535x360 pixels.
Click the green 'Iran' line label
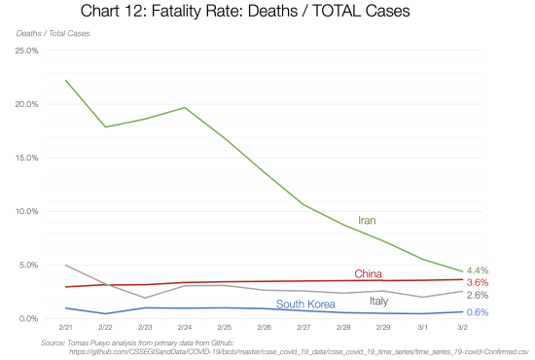(x=368, y=221)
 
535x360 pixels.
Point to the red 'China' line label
(x=368, y=273)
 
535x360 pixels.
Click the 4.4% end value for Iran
(x=478, y=270)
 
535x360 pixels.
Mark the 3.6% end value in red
(x=478, y=281)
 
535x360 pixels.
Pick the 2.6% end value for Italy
(x=478, y=295)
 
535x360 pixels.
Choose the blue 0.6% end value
(x=478, y=312)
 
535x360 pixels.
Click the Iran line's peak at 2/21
(x=66, y=80)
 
